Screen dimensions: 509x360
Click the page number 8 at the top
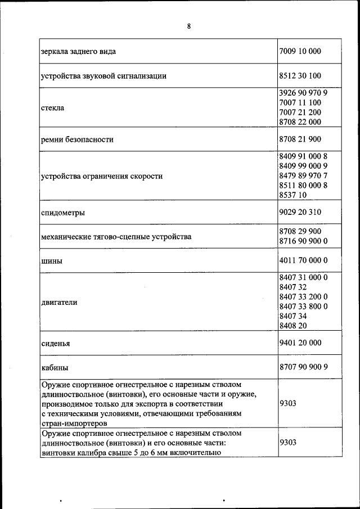pos(189,26)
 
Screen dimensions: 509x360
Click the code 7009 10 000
pos(300,51)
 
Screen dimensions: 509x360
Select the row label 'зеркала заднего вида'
pos(79,51)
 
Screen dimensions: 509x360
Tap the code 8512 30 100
pos(300,75)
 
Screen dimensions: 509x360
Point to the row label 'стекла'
pos(52,107)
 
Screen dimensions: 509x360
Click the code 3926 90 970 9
pos(303,93)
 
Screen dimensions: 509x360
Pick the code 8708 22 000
pos(300,121)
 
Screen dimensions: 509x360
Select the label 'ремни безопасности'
pos(77,139)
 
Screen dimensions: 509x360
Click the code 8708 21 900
pos(300,139)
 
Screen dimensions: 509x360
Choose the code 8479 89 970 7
pos(303,175)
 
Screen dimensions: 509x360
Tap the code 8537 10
pos(292,195)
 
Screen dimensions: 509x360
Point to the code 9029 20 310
pos(300,213)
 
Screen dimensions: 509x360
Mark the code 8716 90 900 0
pos(303,241)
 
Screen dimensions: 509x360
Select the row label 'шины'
pos(51,261)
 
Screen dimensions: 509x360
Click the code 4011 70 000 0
pos(303,260)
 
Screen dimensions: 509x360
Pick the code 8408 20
pos(292,325)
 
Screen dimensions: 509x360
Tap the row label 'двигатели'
pos(59,302)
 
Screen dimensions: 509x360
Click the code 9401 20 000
pos(300,343)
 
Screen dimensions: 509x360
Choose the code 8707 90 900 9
pos(303,367)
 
